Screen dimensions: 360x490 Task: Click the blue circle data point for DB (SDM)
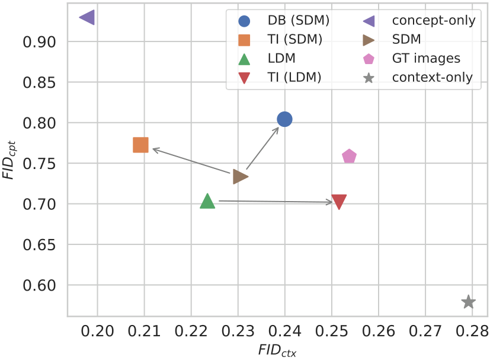(x=284, y=119)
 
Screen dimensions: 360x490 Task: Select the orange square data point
(x=140, y=145)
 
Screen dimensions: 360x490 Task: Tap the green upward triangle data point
(x=207, y=201)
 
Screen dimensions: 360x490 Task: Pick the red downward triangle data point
(x=339, y=202)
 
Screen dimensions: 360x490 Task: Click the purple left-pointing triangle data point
(x=87, y=18)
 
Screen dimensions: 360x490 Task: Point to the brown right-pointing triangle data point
(x=240, y=176)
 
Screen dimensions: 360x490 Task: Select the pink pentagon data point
(x=349, y=157)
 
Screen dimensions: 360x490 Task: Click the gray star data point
(x=468, y=302)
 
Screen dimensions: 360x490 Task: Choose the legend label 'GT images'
(x=426, y=59)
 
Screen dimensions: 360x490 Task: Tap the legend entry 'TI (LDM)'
(x=294, y=78)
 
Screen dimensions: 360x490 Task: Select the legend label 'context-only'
(x=433, y=78)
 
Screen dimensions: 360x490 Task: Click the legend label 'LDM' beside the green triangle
(x=281, y=59)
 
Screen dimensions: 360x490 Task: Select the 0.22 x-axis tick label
(x=191, y=329)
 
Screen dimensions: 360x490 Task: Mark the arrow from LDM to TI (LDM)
(x=276, y=202)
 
